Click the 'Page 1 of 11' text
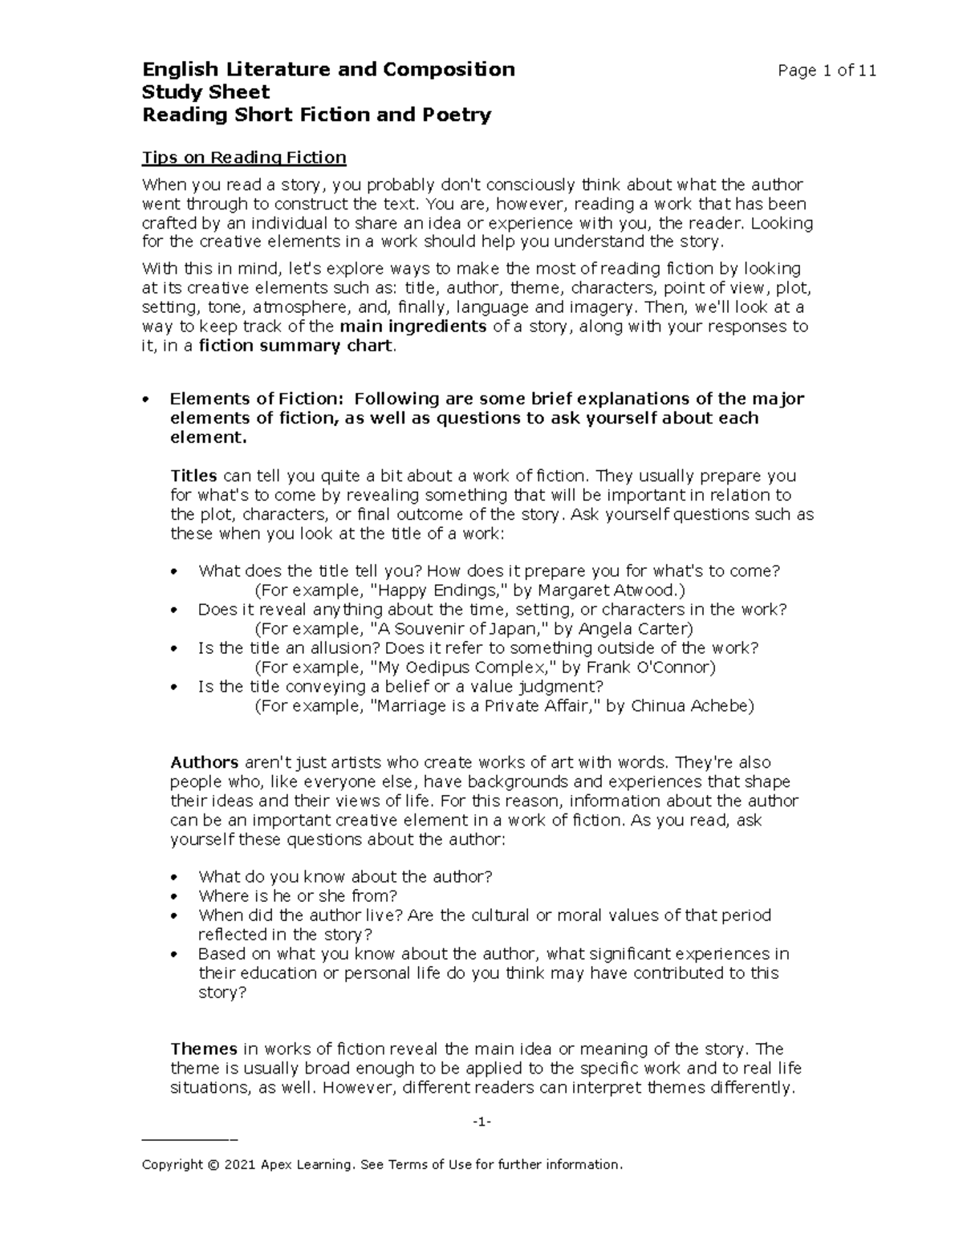pos(827,71)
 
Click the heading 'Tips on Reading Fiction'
pos(244,157)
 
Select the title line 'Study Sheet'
pos(205,91)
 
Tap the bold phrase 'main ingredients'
pos(413,327)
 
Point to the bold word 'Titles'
pos(193,476)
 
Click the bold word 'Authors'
pos(204,762)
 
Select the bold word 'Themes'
pos(203,1049)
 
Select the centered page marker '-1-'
pos(481,1122)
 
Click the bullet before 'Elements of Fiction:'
pos(145,400)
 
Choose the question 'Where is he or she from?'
pos(298,896)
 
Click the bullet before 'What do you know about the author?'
pos(174,878)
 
